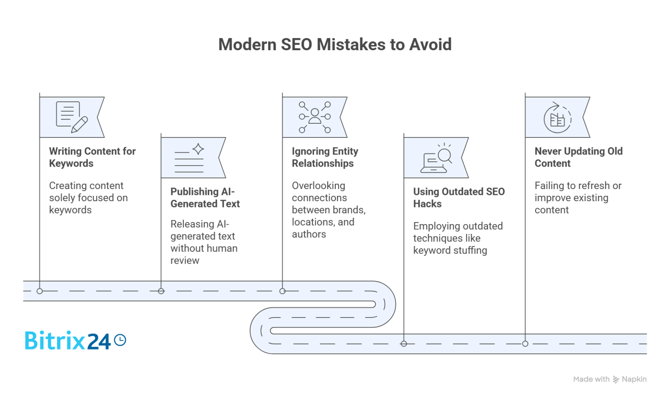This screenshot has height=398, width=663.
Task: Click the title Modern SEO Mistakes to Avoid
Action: point(335,44)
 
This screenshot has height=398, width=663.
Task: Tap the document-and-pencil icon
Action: point(72,117)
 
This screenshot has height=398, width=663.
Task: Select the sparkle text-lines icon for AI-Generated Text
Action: point(189,157)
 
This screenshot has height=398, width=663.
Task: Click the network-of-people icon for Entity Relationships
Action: point(314,117)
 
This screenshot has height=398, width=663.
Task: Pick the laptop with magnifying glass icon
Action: point(436,158)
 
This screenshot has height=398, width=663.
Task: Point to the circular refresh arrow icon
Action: point(557,117)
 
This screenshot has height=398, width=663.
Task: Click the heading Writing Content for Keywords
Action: point(92,157)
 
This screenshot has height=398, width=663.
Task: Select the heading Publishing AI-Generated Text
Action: point(205,198)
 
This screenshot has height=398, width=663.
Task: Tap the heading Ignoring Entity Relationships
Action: point(325,157)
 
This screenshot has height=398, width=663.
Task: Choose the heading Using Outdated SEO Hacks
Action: point(459,198)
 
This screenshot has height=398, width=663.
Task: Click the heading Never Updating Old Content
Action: point(578,157)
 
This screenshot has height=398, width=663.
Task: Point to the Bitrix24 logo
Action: point(68,341)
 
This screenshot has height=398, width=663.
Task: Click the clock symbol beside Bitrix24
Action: point(119,340)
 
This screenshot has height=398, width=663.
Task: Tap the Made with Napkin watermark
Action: point(609,379)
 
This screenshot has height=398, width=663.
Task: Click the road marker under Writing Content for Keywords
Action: point(39,291)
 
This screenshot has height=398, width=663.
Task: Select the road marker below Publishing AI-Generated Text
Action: point(161,291)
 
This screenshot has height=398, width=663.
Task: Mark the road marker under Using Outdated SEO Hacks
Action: point(404,343)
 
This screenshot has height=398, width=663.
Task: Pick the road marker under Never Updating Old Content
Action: point(525,343)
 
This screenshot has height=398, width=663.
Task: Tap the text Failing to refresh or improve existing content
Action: point(578,198)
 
